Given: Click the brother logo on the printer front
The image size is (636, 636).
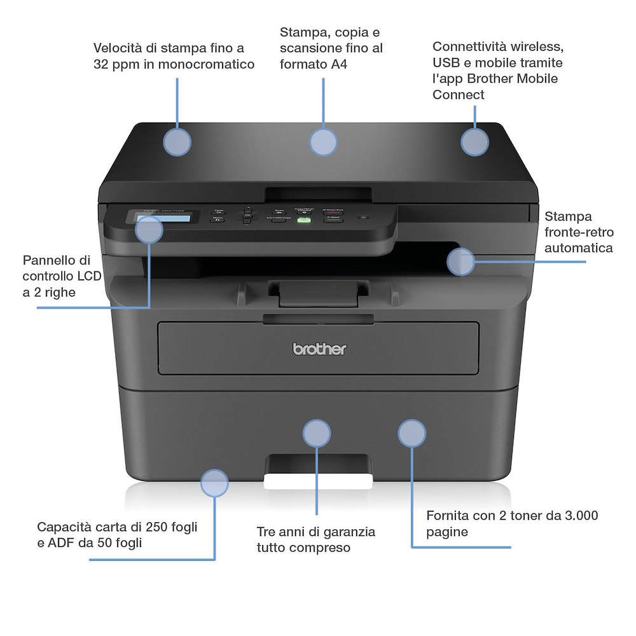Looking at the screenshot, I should pyautogui.click(x=319, y=349).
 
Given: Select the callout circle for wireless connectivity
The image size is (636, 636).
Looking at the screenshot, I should pyautogui.click(x=474, y=142).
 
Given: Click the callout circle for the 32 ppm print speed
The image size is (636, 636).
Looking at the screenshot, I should pyautogui.click(x=177, y=142).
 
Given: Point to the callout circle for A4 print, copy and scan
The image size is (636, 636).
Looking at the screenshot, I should pyautogui.click(x=323, y=142).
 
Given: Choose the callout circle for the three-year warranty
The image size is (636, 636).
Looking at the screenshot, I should pyautogui.click(x=317, y=434).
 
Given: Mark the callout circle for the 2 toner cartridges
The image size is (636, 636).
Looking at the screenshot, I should pyautogui.click(x=411, y=433).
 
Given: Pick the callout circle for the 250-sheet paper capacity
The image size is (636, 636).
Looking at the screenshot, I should pyautogui.click(x=214, y=483).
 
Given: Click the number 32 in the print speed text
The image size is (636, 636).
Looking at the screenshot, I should pyautogui.click(x=102, y=64).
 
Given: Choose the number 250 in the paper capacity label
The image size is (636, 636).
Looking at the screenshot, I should pyautogui.click(x=156, y=527).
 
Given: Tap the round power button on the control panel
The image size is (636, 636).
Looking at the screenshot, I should pyautogui.click(x=364, y=218).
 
